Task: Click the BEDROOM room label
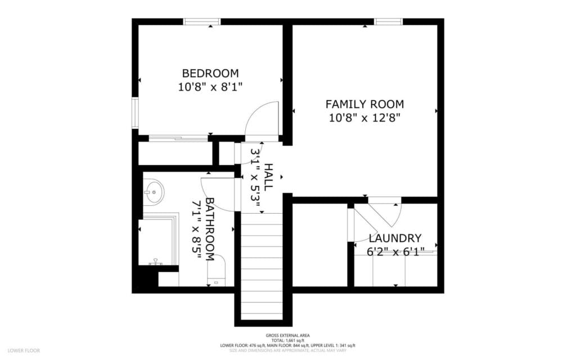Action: pyautogui.click(x=210, y=73)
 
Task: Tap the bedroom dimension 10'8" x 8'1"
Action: pyautogui.click(x=210, y=87)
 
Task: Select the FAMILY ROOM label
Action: pyautogui.click(x=364, y=104)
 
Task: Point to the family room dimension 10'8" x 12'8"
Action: pyautogui.click(x=364, y=118)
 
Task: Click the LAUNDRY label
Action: pyautogui.click(x=395, y=238)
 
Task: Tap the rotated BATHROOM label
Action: pyautogui.click(x=209, y=229)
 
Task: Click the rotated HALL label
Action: pyautogui.click(x=268, y=177)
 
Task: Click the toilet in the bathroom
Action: pyautogui.click(x=216, y=269)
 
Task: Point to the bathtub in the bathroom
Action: pyautogui.click(x=157, y=242)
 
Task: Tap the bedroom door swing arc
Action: pyautogui.click(x=263, y=118)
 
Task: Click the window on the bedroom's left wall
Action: pyautogui.click(x=135, y=113)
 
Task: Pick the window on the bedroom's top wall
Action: pyautogui.click(x=202, y=22)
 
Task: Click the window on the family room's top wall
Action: pyautogui.click(x=389, y=22)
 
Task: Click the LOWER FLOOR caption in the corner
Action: pyautogui.click(x=24, y=350)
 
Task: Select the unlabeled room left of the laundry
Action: pyautogui.click(x=319, y=245)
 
